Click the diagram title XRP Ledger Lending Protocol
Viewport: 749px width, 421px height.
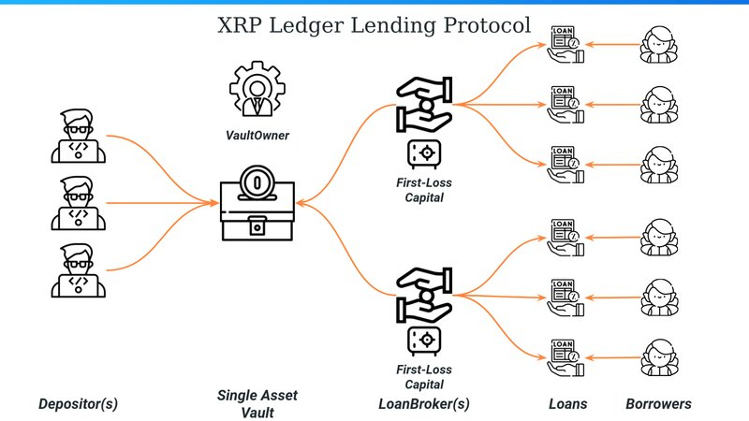[x=374, y=25]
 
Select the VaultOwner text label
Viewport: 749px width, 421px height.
[x=257, y=136]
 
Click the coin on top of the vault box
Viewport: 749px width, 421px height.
[x=256, y=181]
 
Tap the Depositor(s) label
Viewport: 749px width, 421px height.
[x=79, y=404]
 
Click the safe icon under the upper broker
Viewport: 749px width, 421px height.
[x=422, y=152]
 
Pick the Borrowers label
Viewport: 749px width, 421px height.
[x=659, y=404]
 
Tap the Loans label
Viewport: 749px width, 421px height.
[x=566, y=404]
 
